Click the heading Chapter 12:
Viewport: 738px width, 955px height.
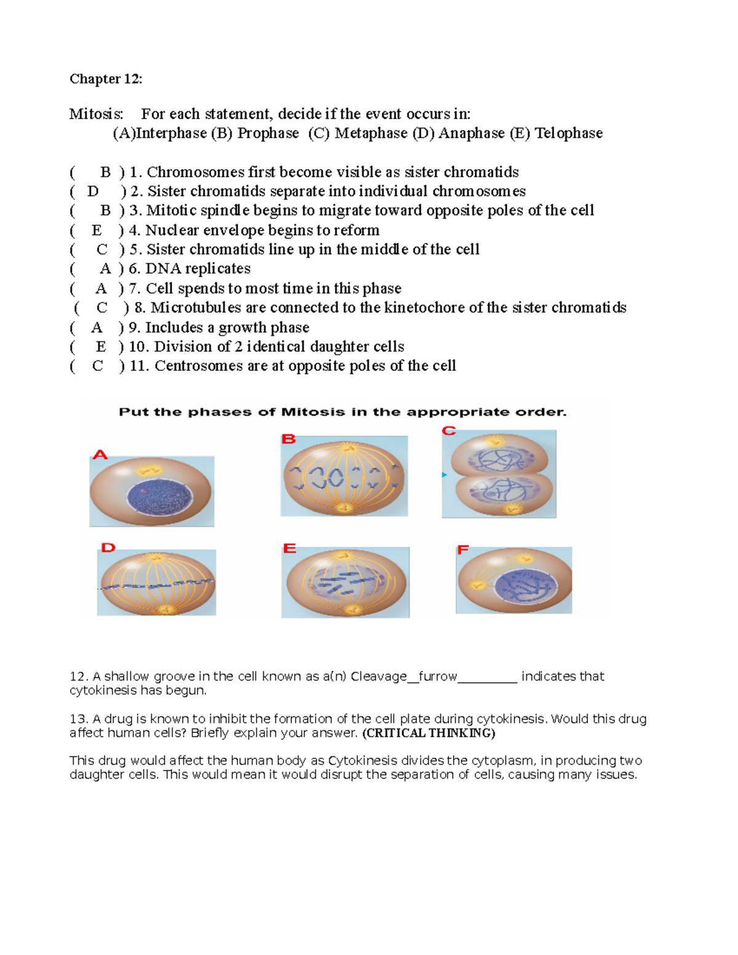tap(106, 79)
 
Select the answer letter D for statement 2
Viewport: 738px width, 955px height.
tap(93, 191)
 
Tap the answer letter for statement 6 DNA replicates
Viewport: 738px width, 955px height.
tap(105, 269)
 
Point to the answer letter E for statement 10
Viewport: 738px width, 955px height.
tap(101, 347)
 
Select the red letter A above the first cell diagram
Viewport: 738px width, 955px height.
tap(100, 455)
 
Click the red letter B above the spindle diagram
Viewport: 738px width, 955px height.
tap(288, 439)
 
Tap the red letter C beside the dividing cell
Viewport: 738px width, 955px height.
tap(449, 430)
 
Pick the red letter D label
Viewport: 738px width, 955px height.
tap(108, 547)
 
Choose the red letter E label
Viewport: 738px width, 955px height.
tap(290, 549)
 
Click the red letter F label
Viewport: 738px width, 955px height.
tap(462, 550)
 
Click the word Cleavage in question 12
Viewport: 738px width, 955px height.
tap(378, 676)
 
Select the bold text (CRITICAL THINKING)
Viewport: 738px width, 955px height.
tap(429, 733)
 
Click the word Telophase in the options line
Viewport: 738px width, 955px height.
tap(569, 133)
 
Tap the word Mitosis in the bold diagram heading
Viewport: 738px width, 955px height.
tap(312, 412)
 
